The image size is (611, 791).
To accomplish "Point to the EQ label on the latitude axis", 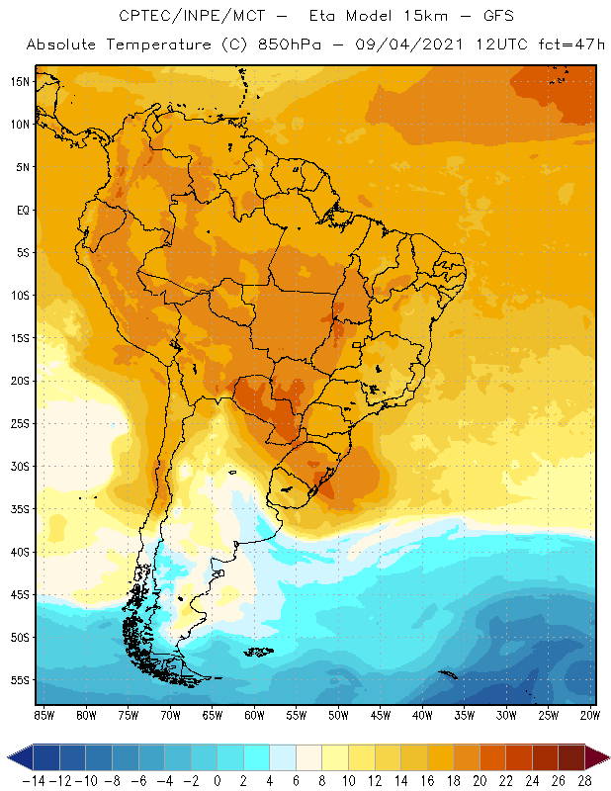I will [20, 210].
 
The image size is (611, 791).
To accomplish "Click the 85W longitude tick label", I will [44, 714].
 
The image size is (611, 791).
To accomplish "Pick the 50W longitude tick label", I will [339, 714].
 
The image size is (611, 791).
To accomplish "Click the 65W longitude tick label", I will [213, 714].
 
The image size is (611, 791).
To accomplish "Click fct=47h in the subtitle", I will [564, 45].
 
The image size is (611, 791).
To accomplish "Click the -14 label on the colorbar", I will [34, 780].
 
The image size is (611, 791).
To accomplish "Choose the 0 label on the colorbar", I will [218, 780].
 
